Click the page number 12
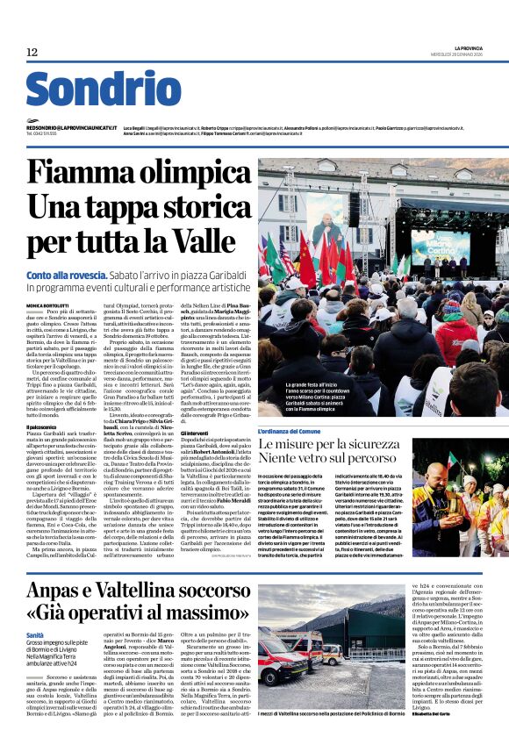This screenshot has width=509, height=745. pos(32,53)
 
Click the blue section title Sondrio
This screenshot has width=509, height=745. pos(104,90)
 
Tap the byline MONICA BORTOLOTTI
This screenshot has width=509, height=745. pos(51,305)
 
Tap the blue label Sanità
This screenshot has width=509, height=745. pos(35,634)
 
